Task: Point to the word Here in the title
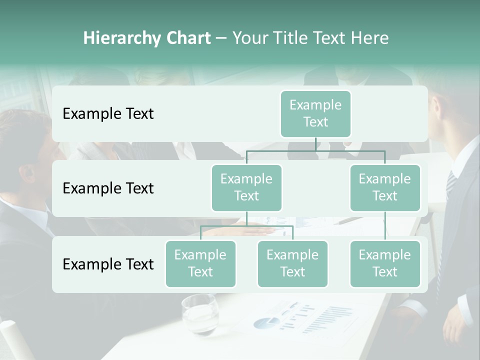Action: point(370,38)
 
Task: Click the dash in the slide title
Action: point(221,38)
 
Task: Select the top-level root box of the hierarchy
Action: point(315,113)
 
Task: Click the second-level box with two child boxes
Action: point(246,187)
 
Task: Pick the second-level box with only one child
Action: point(385,187)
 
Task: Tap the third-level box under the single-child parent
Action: point(385,263)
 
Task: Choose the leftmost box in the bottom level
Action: point(200,263)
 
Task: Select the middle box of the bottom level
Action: point(292,263)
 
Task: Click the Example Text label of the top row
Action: point(108,114)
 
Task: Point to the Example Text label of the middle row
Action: point(108,188)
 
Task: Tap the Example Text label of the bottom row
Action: point(108,264)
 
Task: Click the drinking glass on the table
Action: point(199,313)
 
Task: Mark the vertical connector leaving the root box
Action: point(315,144)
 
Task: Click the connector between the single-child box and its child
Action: point(385,225)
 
